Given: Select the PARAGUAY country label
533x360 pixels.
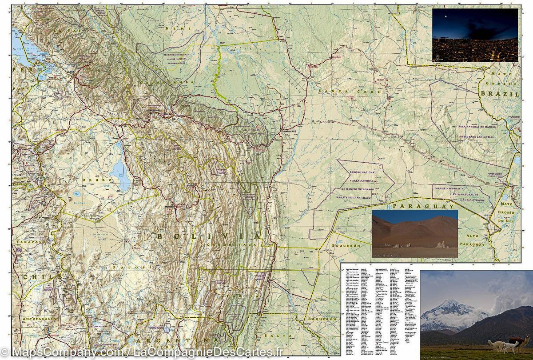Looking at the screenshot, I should click(x=424, y=206).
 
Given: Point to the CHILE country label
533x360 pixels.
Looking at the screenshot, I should click(x=40, y=276).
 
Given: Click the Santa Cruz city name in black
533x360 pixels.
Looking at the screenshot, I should click(x=291, y=132).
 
